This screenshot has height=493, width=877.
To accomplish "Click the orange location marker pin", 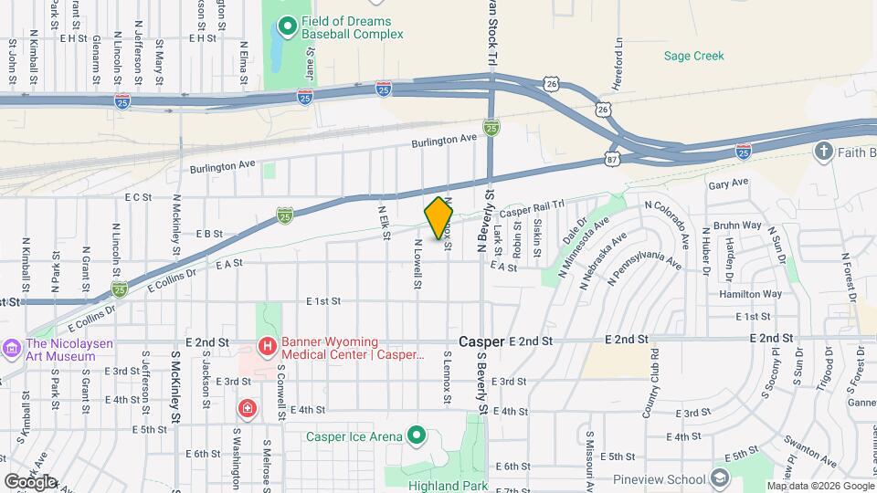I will (439, 217).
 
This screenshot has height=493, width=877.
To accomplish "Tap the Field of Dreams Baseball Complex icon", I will (287, 26).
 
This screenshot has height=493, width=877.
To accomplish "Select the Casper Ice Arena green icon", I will (417, 435).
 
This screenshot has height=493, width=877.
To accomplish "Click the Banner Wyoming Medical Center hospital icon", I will (267, 346).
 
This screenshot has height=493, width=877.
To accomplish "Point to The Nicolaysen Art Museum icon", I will (12, 348).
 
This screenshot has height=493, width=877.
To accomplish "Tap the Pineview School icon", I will (719, 478).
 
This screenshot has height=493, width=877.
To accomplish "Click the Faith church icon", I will (823, 152).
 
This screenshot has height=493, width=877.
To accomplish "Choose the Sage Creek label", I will (693, 56).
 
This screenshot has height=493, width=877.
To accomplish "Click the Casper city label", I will (481, 341).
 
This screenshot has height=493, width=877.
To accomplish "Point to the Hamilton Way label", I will (751, 294).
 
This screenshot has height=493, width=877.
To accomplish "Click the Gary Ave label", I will (728, 183).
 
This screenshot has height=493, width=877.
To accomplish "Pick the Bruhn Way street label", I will (738, 225).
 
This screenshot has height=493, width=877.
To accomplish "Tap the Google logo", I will (30, 480).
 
